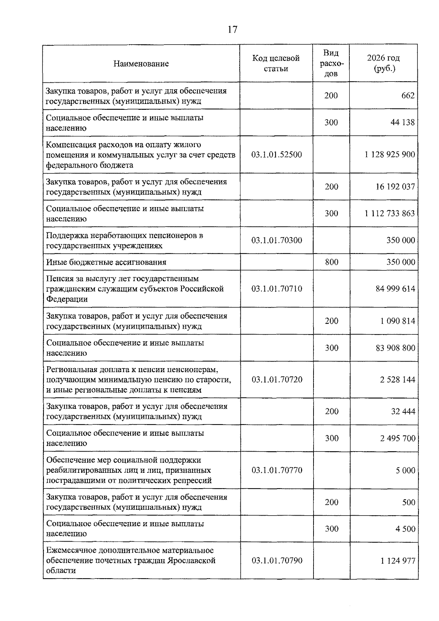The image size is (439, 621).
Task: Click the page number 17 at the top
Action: (x=232, y=30)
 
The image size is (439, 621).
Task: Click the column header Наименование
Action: (x=141, y=64)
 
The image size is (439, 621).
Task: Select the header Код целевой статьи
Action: (x=276, y=63)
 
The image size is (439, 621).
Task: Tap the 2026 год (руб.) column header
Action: (x=383, y=63)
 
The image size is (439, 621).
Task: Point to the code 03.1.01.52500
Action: (x=277, y=154)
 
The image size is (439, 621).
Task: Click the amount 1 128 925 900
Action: (x=390, y=154)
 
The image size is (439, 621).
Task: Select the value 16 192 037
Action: (x=395, y=187)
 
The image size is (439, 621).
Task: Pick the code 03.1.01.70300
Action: (x=277, y=240)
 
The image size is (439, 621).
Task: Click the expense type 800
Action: (x=331, y=262)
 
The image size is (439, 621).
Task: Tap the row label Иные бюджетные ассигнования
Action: (x=106, y=262)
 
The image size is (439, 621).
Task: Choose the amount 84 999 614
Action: (x=395, y=289)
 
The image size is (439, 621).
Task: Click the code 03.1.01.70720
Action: (x=277, y=379)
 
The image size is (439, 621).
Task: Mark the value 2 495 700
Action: (x=398, y=438)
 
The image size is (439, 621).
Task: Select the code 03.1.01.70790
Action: (x=277, y=561)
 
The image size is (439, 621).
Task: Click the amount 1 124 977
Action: (x=398, y=561)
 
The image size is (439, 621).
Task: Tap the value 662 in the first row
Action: (x=408, y=96)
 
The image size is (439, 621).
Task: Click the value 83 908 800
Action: (x=395, y=348)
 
